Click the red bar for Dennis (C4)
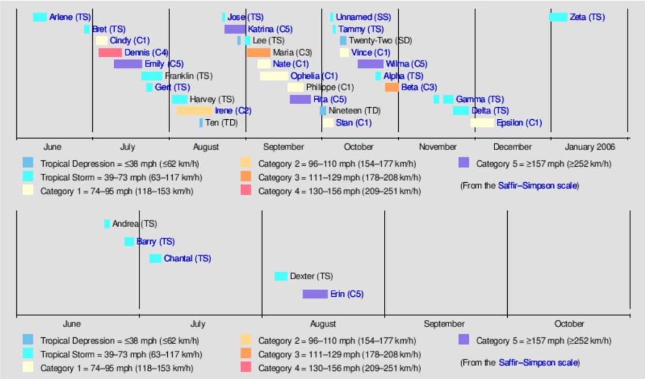(x=110, y=52)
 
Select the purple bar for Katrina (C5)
(x=235, y=29)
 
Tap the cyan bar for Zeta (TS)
(x=558, y=17)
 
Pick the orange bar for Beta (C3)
(x=392, y=87)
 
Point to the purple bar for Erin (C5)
(x=315, y=294)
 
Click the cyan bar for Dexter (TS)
(x=281, y=276)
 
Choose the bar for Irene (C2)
(x=194, y=111)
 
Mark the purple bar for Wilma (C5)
(x=370, y=64)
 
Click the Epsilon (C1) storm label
(x=519, y=123)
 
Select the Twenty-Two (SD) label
(x=380, y=41)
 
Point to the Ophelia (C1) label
(x=314, y=76)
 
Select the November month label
(x=438, y=147)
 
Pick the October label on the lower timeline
(x=569, y=324)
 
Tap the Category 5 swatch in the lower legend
(x=464, y=340)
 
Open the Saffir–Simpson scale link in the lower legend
(x=538, y=362)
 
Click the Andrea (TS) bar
(x=107, y=223)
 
